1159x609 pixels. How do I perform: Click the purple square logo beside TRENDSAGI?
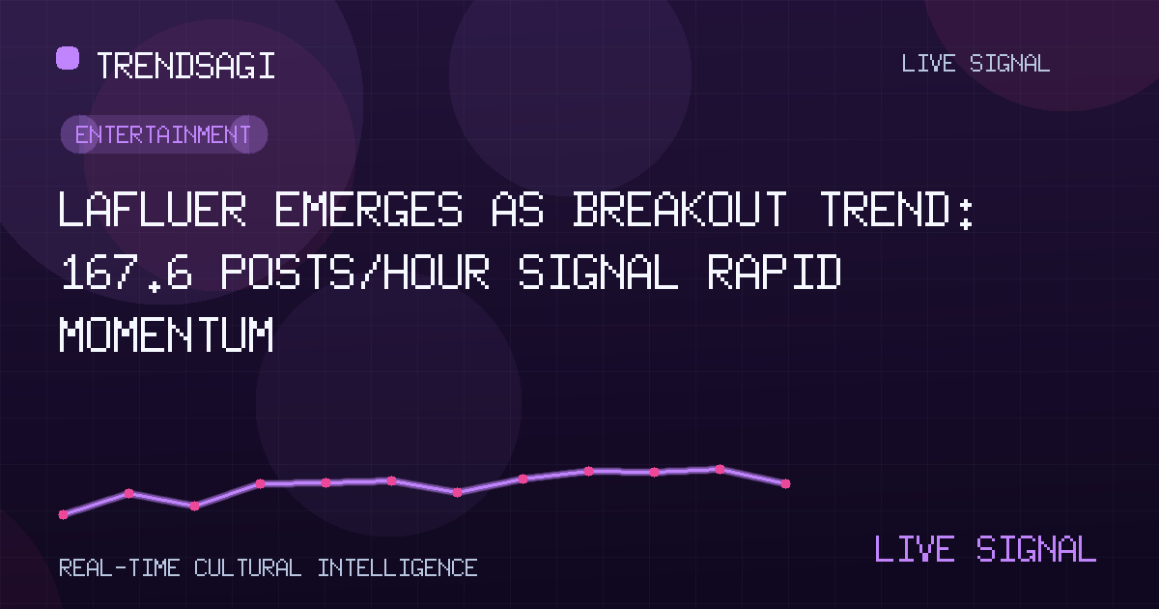point(68,58)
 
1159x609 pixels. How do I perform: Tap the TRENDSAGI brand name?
point(185,66)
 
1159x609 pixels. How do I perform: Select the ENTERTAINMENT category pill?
point(164,134)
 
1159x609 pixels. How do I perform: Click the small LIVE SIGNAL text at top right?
point(975,64)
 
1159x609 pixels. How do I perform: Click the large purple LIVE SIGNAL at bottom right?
point(985,548)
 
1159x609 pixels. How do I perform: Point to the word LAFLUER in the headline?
point(153,209)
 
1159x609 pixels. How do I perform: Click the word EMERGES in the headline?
point(368,209)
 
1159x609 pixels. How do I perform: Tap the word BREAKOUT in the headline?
point(680,209)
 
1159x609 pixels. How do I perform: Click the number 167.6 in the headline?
point(127,272)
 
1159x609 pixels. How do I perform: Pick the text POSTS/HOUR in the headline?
point(355,271)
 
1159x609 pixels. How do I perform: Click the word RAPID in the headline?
point(774,271)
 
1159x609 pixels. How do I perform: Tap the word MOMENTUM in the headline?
point(166,334)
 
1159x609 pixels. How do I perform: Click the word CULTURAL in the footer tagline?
point(247,568)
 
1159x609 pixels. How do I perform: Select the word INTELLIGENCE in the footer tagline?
point(397,568)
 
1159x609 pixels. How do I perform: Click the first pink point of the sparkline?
point(63,514)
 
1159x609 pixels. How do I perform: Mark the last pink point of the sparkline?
point(785,483)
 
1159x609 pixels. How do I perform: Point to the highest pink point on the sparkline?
point(720,469)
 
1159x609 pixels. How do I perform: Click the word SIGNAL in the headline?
point(598,271)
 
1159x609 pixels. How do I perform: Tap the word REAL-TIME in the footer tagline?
point(119,568)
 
